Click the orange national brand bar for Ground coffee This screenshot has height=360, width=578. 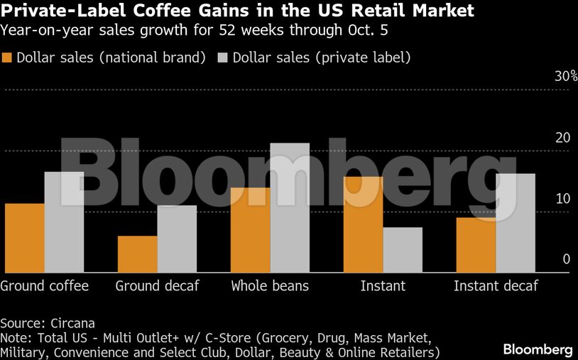tap(24, 238)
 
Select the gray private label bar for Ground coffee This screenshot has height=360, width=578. tap(64, 222)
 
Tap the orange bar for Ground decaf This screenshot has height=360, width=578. tap(137, 254)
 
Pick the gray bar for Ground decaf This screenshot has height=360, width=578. tap(177, 239)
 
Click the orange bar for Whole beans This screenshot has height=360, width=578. tap(250, 230)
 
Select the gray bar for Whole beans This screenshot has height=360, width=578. tap(290, 208)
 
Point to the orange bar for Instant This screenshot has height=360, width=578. tap(363, 224)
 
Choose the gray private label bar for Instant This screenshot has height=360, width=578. tap(403, 250)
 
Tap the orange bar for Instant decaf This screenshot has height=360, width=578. tap(476, 245)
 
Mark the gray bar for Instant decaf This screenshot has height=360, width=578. tap(516, 223)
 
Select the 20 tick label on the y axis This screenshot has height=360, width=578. tap(563, 138)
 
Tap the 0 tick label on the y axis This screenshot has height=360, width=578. tap(567, 259)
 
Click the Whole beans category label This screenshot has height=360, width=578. tap(270, 286)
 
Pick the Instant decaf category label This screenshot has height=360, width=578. tap(496, 286)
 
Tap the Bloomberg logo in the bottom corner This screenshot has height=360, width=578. tap(538, 349)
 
